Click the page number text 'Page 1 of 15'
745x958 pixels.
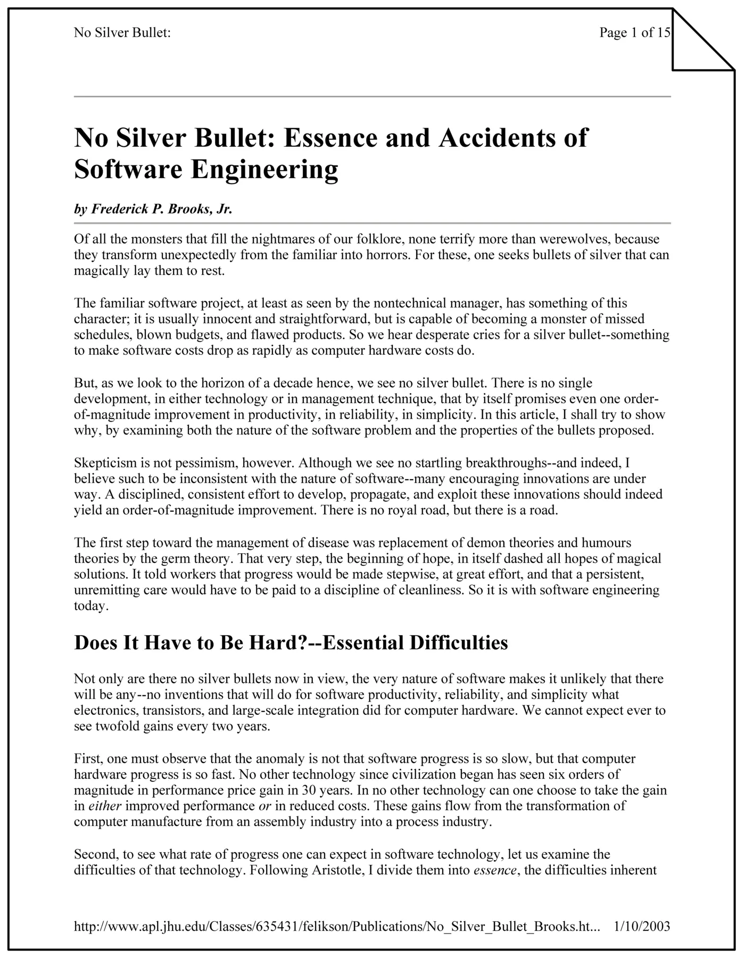click(634, 33)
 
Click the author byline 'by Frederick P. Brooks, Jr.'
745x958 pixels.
click(153, 209)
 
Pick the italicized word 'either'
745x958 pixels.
click(105, 806)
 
